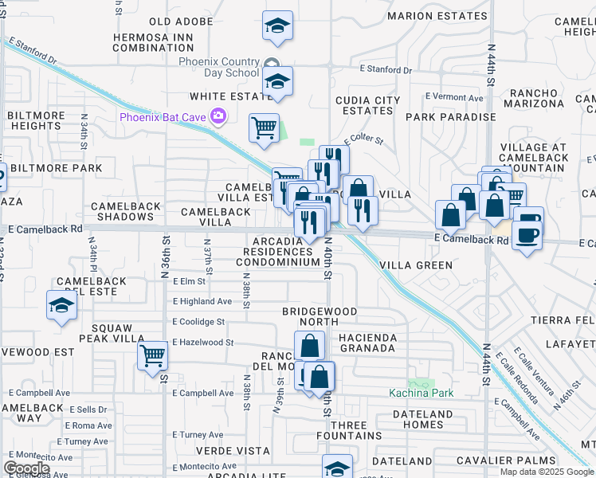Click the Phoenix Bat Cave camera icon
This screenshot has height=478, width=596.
coord(218,118)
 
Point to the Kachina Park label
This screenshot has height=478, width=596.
coord(420,393)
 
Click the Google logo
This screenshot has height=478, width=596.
coord(27,468)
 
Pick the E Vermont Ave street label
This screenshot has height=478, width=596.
coord(454,97)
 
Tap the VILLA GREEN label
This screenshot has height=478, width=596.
coord(416,265)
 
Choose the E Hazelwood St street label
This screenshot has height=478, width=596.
coord(202,343)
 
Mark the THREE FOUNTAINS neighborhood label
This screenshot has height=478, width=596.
coord(349,430)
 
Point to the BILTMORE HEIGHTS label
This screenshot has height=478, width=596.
coord(36,120)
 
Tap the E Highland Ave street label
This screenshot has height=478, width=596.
coord(202,301)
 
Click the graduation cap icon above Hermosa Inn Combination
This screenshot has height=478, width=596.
coord(277,25)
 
